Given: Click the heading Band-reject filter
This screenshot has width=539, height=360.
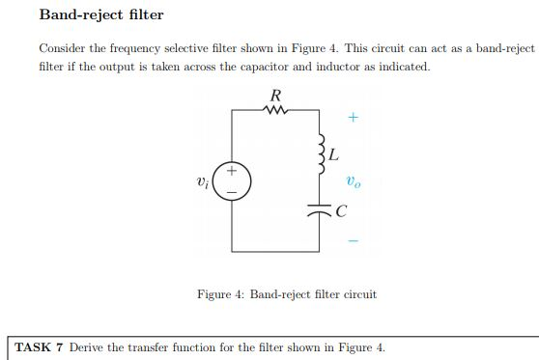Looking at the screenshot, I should pyautogui.click(x=101, y=15).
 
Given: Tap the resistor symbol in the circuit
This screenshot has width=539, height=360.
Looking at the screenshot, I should pyautogui.click(x=277, y=109).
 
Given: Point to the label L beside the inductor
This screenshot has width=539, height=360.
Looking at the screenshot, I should pyautogui.click(x=334, y=153).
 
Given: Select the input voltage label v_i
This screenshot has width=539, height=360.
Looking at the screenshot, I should pyautogui.click(x=202, y=181).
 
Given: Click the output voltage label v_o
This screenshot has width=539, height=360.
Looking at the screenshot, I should pyautogui.click(x=355, y=180).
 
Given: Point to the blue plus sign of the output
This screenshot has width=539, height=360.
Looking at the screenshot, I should pyautogui.click(x=354, y=119).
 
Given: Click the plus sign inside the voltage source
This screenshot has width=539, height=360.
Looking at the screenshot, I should pyautogui.click(x=234, y=174).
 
